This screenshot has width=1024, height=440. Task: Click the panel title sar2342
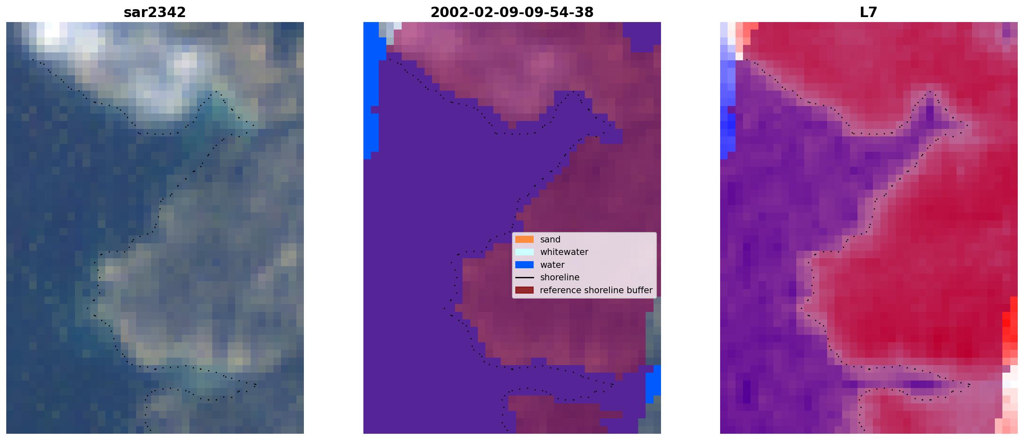(x=155, y=12)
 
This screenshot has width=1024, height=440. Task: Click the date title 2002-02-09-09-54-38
(x=512, y=12)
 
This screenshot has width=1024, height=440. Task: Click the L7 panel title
(x=869, y=12)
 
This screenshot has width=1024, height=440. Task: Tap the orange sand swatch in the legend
(x=524, y=240)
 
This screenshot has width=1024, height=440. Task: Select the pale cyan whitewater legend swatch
(x=524, y=252)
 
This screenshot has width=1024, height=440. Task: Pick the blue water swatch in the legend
(x=524, y=265)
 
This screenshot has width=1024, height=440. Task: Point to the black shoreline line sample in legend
(x=524, y=277)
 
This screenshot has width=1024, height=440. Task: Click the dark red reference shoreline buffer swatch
(x=524, y=290)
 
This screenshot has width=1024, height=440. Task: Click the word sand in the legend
(x=550, y=240)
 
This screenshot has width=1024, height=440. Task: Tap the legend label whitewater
(x=564, y=252)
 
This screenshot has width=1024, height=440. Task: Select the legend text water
(x=552, y=265)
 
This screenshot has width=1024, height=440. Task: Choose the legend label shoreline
(x=560, y=277)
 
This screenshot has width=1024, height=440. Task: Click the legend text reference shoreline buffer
(x=596, y=290)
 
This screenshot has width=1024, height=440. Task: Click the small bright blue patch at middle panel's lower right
(x=654, y=385)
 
